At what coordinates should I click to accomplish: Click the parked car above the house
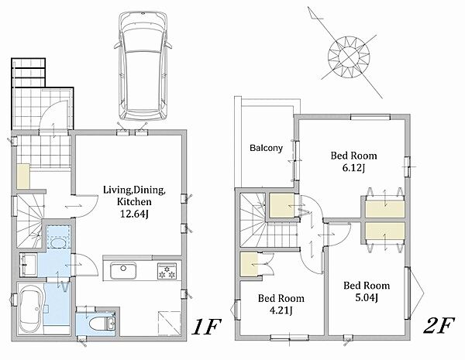pos(143,66)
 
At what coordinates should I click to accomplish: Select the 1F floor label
pos(206,326)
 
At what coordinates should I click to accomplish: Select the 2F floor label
pos(439,325)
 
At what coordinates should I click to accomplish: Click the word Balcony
pos(266,148)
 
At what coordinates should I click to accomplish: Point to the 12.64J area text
pos(134,214)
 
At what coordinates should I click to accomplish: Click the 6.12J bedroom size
pos(353,168)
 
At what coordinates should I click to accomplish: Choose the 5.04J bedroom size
pos(367,297)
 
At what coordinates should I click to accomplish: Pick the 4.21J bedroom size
pos(281,310)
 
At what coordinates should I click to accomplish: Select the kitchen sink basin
pos(123,270)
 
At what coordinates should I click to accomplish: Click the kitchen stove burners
pos(166,271)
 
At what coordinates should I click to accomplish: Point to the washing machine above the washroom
pos(58,237)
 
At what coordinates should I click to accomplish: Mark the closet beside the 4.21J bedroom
pos(249,265)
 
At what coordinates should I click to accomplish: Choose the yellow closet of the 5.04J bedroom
pos(384,233)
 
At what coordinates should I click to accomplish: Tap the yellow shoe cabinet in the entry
pos(22,177)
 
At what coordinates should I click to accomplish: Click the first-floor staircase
pos(29,221)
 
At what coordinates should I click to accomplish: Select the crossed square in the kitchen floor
pos(169,324)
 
